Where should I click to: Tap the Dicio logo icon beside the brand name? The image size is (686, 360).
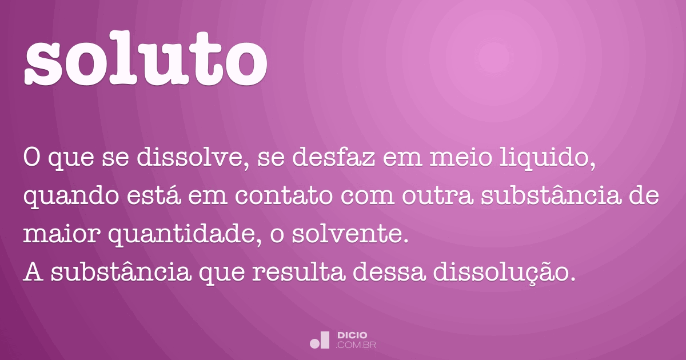320,340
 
